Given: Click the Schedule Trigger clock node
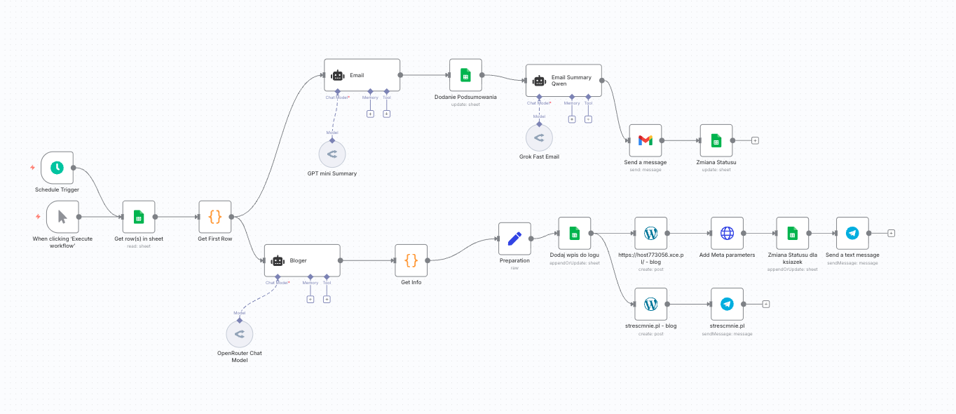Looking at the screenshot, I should pos(57,168).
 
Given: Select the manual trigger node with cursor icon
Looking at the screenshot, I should pos(62,217).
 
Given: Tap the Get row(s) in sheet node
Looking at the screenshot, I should pos(139,217).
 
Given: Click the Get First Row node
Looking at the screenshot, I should pos(215,217).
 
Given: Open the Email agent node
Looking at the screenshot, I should pos(362,75).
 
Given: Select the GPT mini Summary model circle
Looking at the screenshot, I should pos(332,154).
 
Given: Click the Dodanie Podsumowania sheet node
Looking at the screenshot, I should pos(465,75).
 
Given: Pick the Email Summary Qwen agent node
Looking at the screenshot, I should pos(564,81).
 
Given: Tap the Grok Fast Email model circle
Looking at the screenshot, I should pos(539,139).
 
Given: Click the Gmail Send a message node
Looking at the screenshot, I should pos(646,140).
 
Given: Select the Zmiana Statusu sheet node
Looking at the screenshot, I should pos(716,140).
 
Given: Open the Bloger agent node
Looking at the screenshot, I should pos(302,260).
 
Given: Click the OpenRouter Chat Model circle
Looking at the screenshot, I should pos(240,334).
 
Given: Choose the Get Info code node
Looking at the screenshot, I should pos(411,260).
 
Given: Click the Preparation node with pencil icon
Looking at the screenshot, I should pos(514,239).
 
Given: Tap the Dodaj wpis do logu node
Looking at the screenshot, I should pos(575,233).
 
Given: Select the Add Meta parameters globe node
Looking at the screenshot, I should pos(727,233).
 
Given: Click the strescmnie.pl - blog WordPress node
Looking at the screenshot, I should pos(650,304).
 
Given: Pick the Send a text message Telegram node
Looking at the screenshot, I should pos(852,233).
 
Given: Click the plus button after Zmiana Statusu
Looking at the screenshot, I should pos(755,140).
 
